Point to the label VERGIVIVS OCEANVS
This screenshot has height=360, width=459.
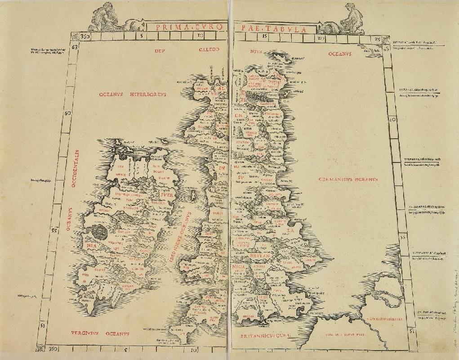tap(100, 333)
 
